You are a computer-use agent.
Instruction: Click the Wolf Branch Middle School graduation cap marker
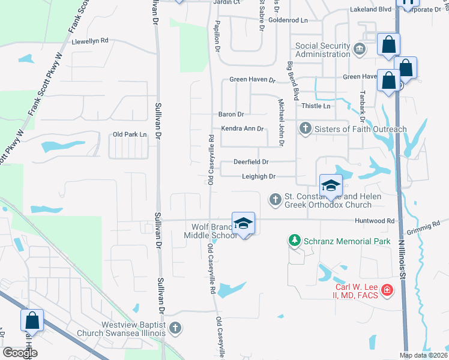(243, 224)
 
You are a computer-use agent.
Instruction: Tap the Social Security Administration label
(323, 50)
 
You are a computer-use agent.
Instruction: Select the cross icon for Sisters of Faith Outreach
(306, 128)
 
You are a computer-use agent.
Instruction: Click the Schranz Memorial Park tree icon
(294, 241)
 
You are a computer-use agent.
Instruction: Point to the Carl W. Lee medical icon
(387, 290)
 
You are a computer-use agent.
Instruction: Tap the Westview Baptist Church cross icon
(175, 328)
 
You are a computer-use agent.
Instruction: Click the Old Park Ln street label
(130, 134)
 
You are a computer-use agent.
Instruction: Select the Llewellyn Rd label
(90, 41)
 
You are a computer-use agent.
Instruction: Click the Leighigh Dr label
(259, 176)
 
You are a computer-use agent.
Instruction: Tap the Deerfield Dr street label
(252, 162)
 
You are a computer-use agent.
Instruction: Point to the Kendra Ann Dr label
(243, 128)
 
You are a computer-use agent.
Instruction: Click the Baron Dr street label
(231, 114)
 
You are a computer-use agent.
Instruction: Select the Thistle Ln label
(316, 106)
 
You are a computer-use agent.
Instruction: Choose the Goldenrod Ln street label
(288, 20)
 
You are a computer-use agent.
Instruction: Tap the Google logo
(20, 353)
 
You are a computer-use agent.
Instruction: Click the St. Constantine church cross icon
(276, 199)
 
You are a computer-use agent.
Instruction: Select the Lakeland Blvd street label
(370, 9)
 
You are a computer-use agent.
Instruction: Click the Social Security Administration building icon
(360, 49)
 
